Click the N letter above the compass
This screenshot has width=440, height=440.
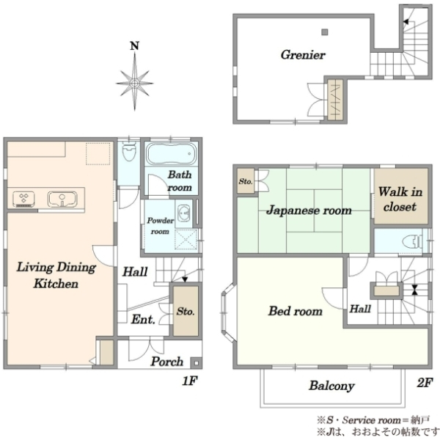[x=135, y=45]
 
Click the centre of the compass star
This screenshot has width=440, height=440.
[x=135, y=84]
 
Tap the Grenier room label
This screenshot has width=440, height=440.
[x=303, y=55]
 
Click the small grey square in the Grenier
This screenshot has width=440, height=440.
[x=325, y=32]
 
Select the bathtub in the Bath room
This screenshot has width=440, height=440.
[x=171, y=154]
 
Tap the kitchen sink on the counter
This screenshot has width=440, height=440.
[x=62, y=199]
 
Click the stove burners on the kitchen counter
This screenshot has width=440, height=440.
[x=24, y=199]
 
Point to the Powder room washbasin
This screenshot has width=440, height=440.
[x=183, y=213]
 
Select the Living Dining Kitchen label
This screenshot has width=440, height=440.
[x=56, y=275]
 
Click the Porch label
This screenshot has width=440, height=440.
[x=167, y=362]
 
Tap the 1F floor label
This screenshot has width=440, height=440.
[x=190, y=381]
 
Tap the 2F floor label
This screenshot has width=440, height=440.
[x=425, y=382]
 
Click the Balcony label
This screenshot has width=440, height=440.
[x=331, y=386]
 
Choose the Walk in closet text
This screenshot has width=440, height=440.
[x=400, y=199]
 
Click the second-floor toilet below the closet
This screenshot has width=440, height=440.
[x=412, y=241]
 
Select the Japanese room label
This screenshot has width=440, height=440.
[x=309, y=210]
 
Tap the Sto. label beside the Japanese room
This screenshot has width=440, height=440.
[x=246, y=181]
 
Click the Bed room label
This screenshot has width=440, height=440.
[x=296, y=311]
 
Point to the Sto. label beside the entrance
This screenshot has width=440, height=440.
[x=186, y=311]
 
